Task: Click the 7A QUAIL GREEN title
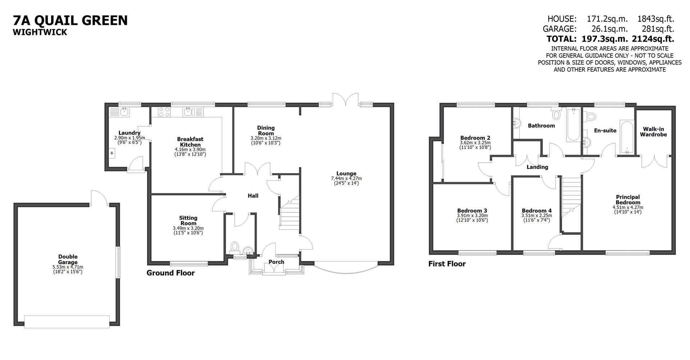click(x=70, y=20)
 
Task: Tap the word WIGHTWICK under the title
click(x=40, y=32)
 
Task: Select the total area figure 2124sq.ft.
click(x=653, y=39)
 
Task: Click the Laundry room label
click(x=129, y=133)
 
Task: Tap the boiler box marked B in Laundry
click(x=112, y=153)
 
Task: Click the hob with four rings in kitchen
click(x=164, y=112)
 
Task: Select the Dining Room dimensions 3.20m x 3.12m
click(x=266, y=138)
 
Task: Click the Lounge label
click(x=346, y=174)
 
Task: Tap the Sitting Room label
click(x=188, y=220)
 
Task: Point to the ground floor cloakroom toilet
click(x=235, y=247)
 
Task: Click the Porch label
click(x=276, y=262)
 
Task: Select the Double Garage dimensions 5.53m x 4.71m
click(x=68, y=267)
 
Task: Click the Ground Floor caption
click(x=170, y=273)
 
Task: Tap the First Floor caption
click(x=447, y=264)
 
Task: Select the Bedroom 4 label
click(x=537, y=211)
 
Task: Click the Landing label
click(x=537, y=167)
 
